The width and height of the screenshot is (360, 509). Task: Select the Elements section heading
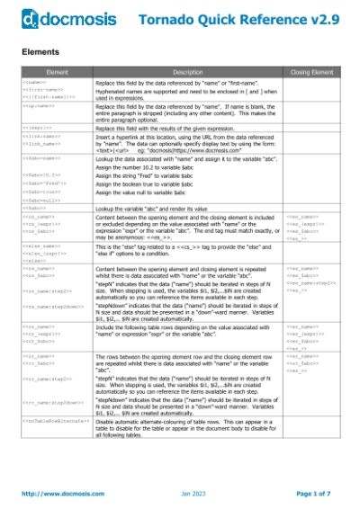pos(40,52)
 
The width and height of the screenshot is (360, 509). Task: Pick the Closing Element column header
pos(310,69)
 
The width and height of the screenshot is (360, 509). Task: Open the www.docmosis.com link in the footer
pos(58,493)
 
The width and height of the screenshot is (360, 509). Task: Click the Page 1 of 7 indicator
pos(315,493)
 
